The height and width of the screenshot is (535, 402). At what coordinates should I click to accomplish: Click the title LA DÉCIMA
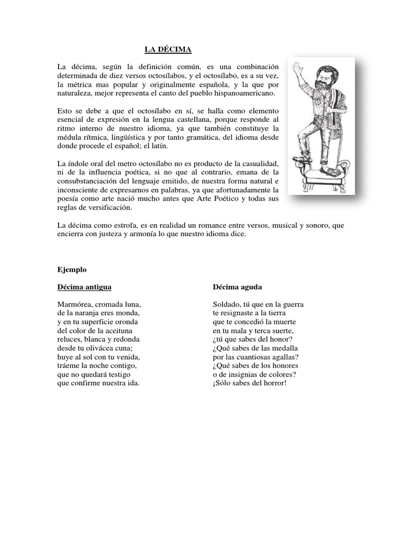[x=168, y=50]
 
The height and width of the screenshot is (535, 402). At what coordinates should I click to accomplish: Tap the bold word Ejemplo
[x=72, y=270]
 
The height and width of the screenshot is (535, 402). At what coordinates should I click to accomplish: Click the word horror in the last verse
[x=273, y=383]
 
